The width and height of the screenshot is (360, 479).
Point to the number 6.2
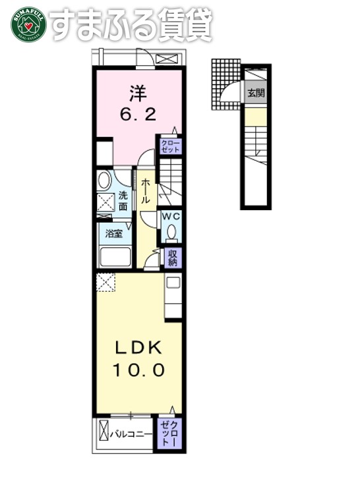tap(138, 115)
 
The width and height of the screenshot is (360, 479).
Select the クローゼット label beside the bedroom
tap(169, 145)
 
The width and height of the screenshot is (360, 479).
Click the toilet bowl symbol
tap(171, 233)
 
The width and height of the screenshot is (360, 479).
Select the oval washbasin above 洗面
tap(105, 181)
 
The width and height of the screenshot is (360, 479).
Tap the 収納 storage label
tap(172, 258)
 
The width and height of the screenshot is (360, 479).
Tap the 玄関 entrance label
tap(256, 94)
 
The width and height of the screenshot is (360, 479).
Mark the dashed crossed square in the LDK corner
tap(105, 283)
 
